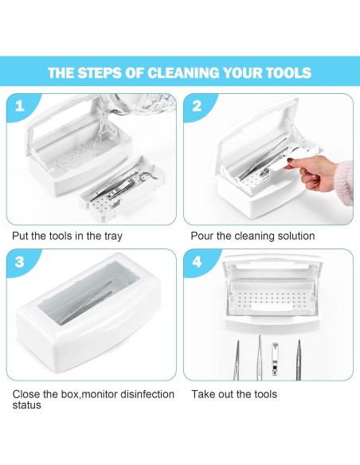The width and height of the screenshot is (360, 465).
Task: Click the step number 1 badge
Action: (20, 106)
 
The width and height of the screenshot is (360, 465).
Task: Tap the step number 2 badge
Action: (197, 106)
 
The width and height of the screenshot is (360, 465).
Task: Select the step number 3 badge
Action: (20, 262)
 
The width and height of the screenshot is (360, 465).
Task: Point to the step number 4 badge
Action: (197, 262)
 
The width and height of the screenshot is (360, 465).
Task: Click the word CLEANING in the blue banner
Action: (183, 73)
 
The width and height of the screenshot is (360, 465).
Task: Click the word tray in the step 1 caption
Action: (113, 236)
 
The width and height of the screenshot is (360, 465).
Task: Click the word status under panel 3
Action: (26, 405)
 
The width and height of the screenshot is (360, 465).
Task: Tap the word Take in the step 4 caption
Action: (203, 394)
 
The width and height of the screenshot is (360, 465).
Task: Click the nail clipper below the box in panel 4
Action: (276, 359)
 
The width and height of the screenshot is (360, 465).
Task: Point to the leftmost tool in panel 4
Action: (237, 360)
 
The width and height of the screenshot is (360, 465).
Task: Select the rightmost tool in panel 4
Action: (299, 360)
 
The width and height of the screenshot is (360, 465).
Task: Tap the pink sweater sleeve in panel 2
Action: (345, 182)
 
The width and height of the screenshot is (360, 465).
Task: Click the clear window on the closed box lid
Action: (89, 294)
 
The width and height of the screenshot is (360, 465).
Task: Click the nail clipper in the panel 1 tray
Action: (121, 189)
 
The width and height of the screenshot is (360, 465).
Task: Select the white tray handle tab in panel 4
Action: (272, 307)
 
